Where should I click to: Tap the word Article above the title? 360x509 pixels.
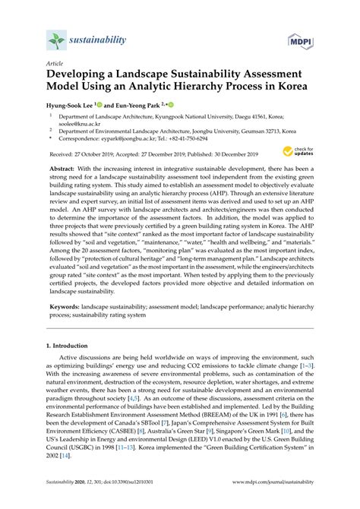tap(55, 65)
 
